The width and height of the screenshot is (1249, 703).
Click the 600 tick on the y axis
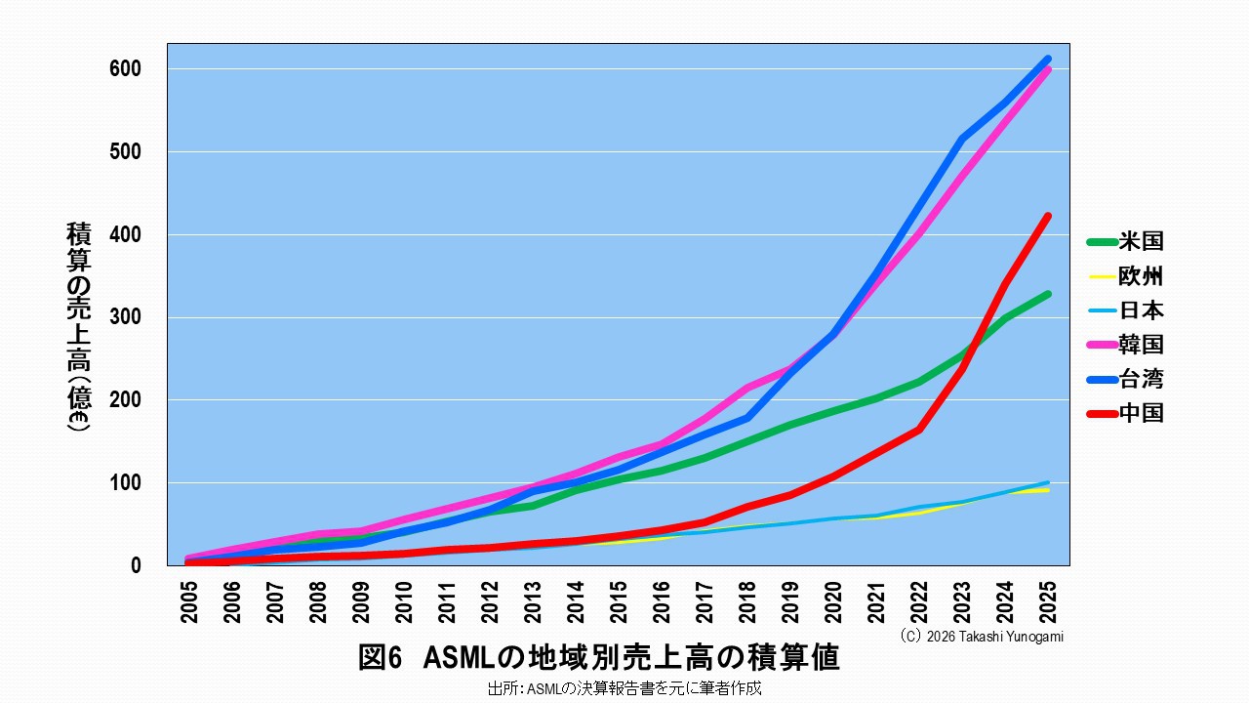point(132,69)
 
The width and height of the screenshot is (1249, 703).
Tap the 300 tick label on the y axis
point(132,317)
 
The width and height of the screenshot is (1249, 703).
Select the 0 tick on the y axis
point(136,565)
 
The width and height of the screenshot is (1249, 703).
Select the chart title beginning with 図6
point(598,658)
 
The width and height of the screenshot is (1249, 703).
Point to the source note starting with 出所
point(624,688)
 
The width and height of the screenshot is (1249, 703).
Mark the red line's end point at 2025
point(1048,216)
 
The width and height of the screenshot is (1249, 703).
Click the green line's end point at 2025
point(1048,294)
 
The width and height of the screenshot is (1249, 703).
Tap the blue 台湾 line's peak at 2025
point(1048,60)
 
